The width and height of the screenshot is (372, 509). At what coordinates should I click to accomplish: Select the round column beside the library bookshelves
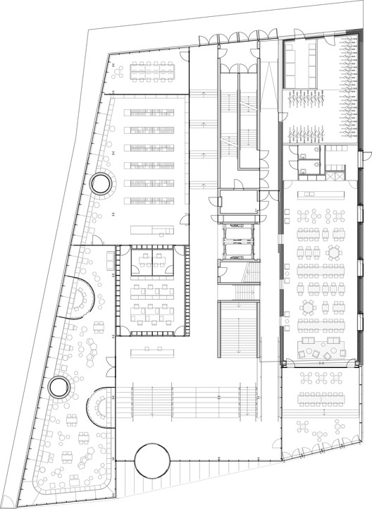point(100,185)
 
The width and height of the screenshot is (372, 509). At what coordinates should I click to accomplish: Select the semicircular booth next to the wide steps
point(99,407)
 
